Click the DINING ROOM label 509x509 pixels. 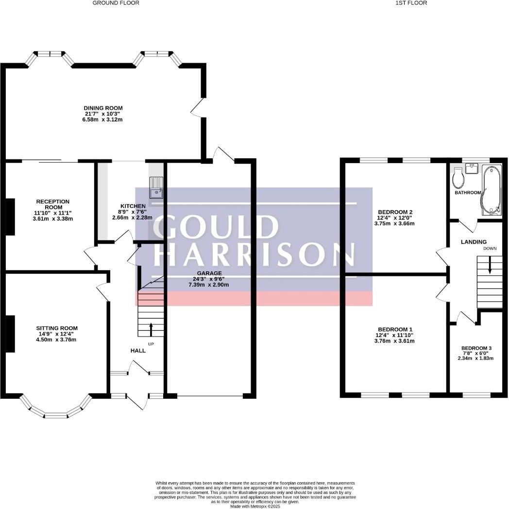tap(103, 108)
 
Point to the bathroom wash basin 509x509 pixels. tap(471, 169)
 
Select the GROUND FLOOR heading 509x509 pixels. tap(116, 3)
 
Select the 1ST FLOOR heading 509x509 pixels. tap(411, 3)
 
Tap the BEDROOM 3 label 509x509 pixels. tap(476, 348)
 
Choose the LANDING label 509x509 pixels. tap(474, 242)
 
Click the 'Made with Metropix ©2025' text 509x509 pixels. tap(255, 506)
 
